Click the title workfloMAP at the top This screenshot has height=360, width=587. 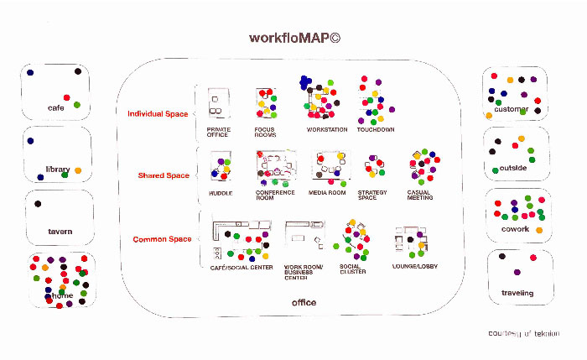tap(293, 38)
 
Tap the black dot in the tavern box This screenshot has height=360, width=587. tap(37, 204)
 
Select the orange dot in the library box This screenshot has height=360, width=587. tap(78, 170)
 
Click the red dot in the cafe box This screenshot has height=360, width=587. tap(66, 97)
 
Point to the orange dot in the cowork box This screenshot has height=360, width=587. tap(538, 230)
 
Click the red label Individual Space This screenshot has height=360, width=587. tap(158, 113)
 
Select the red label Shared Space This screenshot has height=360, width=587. tap(164, 175)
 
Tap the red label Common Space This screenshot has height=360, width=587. tap(162, 239)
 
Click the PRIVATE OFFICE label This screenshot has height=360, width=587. tap(218, 132)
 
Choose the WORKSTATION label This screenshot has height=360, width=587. tap(326, 129)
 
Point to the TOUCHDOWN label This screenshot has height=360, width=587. tap(375, 129)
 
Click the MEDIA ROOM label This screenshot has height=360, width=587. tap(327, 192)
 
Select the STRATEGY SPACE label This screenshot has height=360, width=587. tap(372, 195)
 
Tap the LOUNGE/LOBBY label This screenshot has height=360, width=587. tap(414, 266)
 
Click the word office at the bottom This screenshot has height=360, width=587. tap(304, 302)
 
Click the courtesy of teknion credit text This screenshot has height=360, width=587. tap(524, 333)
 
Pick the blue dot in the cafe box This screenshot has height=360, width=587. tap(30, 73)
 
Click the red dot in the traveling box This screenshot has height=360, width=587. tap(532, 255)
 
